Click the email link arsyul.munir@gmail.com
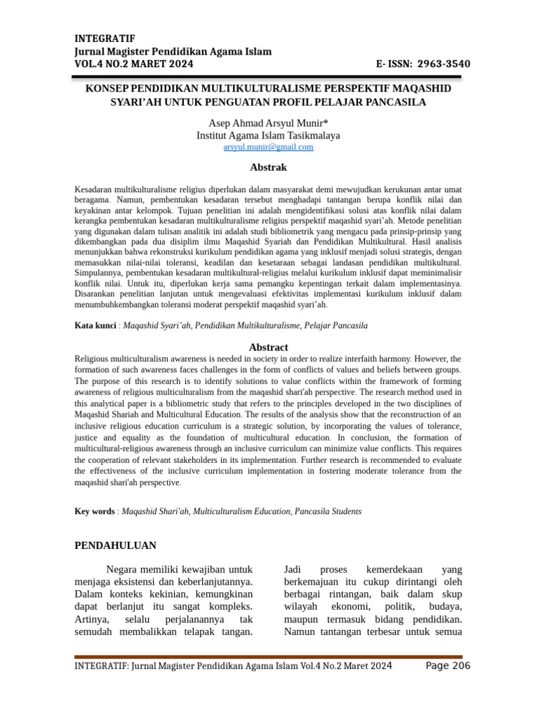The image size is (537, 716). coord(268,148)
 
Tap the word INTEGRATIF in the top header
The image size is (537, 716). coord(105,38)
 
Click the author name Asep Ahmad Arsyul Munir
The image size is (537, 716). coord(268,123)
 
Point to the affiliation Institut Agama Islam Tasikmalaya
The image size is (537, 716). coord(268,136)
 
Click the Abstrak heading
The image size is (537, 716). coord(268,168)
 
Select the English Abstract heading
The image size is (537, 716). coord(268,348)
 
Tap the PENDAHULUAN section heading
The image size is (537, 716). coord(115,545)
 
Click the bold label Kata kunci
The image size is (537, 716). coord(94,326)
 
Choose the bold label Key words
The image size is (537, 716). coord(94,512)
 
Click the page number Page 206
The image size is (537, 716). coord(447,666)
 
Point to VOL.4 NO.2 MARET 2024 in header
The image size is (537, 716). coord(134,64)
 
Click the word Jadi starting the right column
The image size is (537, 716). coord(293,569)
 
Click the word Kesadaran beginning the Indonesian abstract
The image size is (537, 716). coord(94,189)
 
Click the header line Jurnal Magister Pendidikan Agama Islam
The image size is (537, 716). coord(173,52)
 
